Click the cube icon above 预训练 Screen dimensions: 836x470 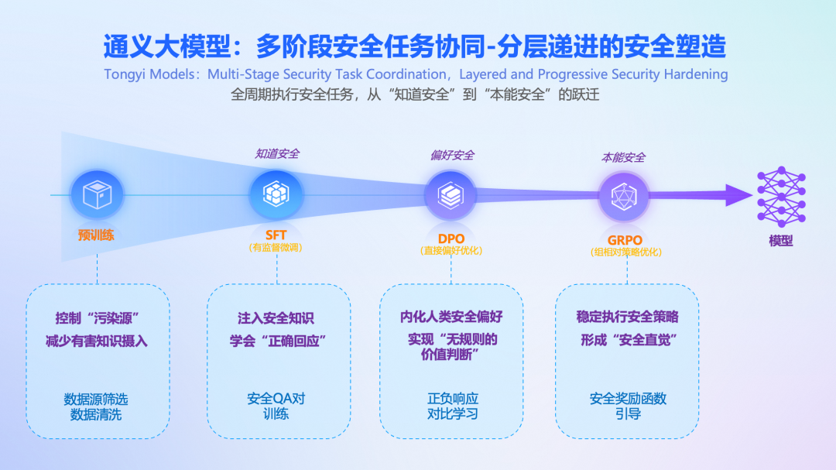coord(97,194)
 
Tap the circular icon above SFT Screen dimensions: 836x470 coord(276,194)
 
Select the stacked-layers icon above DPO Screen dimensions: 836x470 coord(451,196)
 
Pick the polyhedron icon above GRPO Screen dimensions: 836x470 coord(624,197)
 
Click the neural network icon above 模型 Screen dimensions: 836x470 coord(782,197)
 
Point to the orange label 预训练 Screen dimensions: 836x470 coord(96,235)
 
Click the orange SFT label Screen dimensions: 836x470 coord(276,235)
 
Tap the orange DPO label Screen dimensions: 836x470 coord(451,238)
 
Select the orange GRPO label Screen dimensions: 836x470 coord(625,240)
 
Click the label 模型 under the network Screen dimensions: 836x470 coord(781,241)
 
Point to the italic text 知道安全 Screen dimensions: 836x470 coord(276,153)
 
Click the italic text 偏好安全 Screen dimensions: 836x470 coord(452,155)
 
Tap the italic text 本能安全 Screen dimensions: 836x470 coord(623,157)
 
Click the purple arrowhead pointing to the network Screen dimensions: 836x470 coord(739,195)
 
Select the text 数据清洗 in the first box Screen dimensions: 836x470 coord(96,414)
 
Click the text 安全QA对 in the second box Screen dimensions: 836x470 coord(276,399)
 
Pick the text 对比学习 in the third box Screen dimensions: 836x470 coord(452,413)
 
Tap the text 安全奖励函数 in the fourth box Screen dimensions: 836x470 coord(628,399)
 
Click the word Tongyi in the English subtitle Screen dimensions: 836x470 coord(122,74)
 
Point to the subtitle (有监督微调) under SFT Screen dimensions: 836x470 coord(276,248)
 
